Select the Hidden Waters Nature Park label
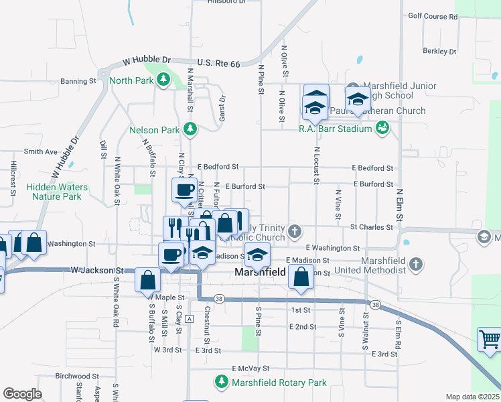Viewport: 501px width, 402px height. (57, 192)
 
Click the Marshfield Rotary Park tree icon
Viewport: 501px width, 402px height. (221, 383)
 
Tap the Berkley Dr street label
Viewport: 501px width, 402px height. (439, 51)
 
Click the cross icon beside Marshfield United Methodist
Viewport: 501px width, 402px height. (416, 264)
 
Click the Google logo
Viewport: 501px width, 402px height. (22, 394)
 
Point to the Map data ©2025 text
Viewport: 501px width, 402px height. (472, 397)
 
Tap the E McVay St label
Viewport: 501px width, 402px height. (250, 368)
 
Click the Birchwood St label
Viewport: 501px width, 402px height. (72, 376)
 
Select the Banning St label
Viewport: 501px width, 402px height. (78, 82)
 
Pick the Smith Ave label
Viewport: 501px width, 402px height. (41, 152)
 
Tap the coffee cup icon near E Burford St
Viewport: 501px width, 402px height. (184, 190)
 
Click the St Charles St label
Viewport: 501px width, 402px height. (371, 227)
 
